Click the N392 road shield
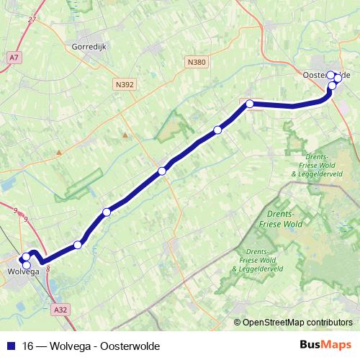point(125,85)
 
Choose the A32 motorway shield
point(60,310)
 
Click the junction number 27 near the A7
point(32,19)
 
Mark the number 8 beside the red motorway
point(48,269)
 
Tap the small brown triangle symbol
point(125,134)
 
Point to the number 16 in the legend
point(27,346)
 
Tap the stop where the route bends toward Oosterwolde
point(250,104)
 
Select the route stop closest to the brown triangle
point(162,171)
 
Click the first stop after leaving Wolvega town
point(78,244)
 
